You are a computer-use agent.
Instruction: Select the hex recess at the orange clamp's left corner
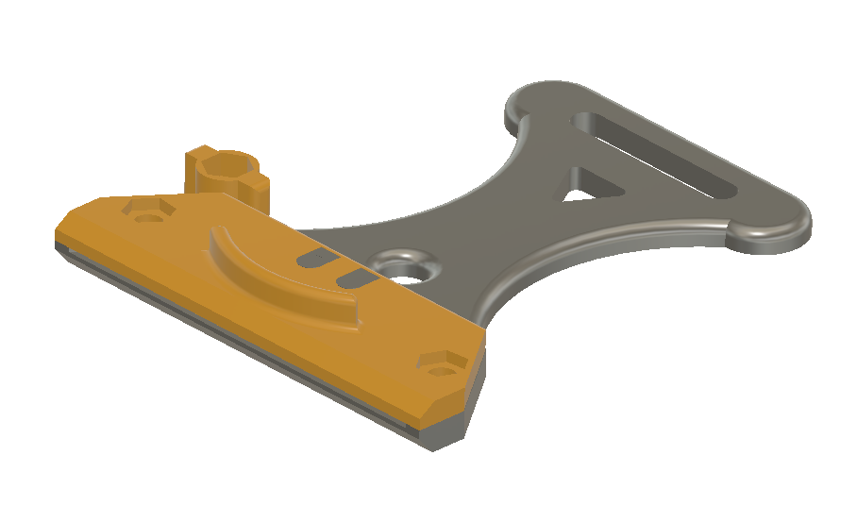tap(146, 211)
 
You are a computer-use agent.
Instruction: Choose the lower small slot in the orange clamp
tap(355, 278)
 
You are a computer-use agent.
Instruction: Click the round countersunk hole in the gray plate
tap(403, 267)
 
